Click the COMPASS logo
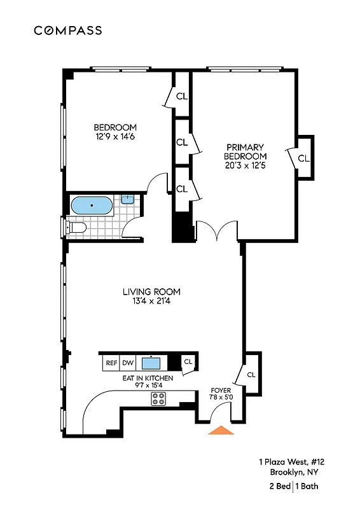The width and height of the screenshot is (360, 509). [x=67, y=30]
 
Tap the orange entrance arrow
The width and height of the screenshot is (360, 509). [x=221, y=430]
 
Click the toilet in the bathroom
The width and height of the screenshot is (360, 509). [x=77, y=227]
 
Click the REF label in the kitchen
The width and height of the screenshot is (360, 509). [x=111, y=363]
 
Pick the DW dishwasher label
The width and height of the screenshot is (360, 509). [x=128, y=363]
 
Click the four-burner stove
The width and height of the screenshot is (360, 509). [x=158, y=399]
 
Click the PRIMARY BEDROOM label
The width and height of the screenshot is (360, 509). [x=246, y=151]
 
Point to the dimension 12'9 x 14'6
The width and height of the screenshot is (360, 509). [x=115, y=136]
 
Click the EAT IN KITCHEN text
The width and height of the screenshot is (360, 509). [x=148, y=378]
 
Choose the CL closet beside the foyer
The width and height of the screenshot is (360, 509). [x=251, y=374]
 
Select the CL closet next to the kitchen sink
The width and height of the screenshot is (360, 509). [x=188, y=362]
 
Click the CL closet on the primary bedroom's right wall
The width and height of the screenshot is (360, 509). [x=303, y=158]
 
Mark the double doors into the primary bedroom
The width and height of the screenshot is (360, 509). [x=216, y=231]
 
